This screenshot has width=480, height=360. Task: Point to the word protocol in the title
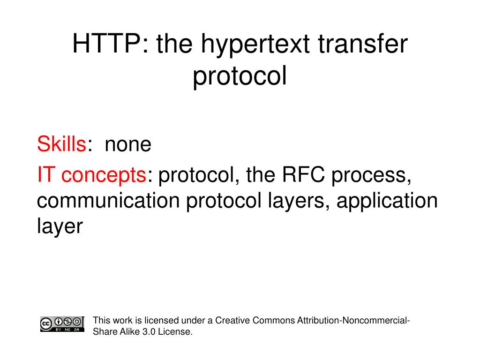[240, 77]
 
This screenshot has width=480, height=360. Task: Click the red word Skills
[61, 144]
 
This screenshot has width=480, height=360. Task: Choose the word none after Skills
[128, 145]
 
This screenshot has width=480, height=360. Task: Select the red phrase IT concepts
[92, 175]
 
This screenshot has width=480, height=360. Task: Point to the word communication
[108, 201]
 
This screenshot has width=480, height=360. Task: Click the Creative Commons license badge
[62, 324]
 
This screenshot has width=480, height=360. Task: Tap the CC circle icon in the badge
[46, 322]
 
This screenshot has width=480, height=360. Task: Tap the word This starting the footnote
[101, 321]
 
